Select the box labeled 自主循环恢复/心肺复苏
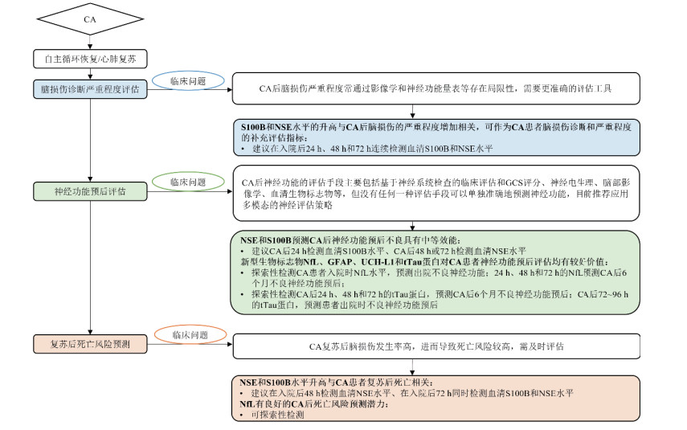90,59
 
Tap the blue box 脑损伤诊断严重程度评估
90,88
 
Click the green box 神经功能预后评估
90,191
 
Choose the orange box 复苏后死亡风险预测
90,345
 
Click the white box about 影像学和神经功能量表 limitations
437,88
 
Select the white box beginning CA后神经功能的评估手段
437,194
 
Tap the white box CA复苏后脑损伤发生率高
437,347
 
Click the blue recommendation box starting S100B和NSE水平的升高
437,137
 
